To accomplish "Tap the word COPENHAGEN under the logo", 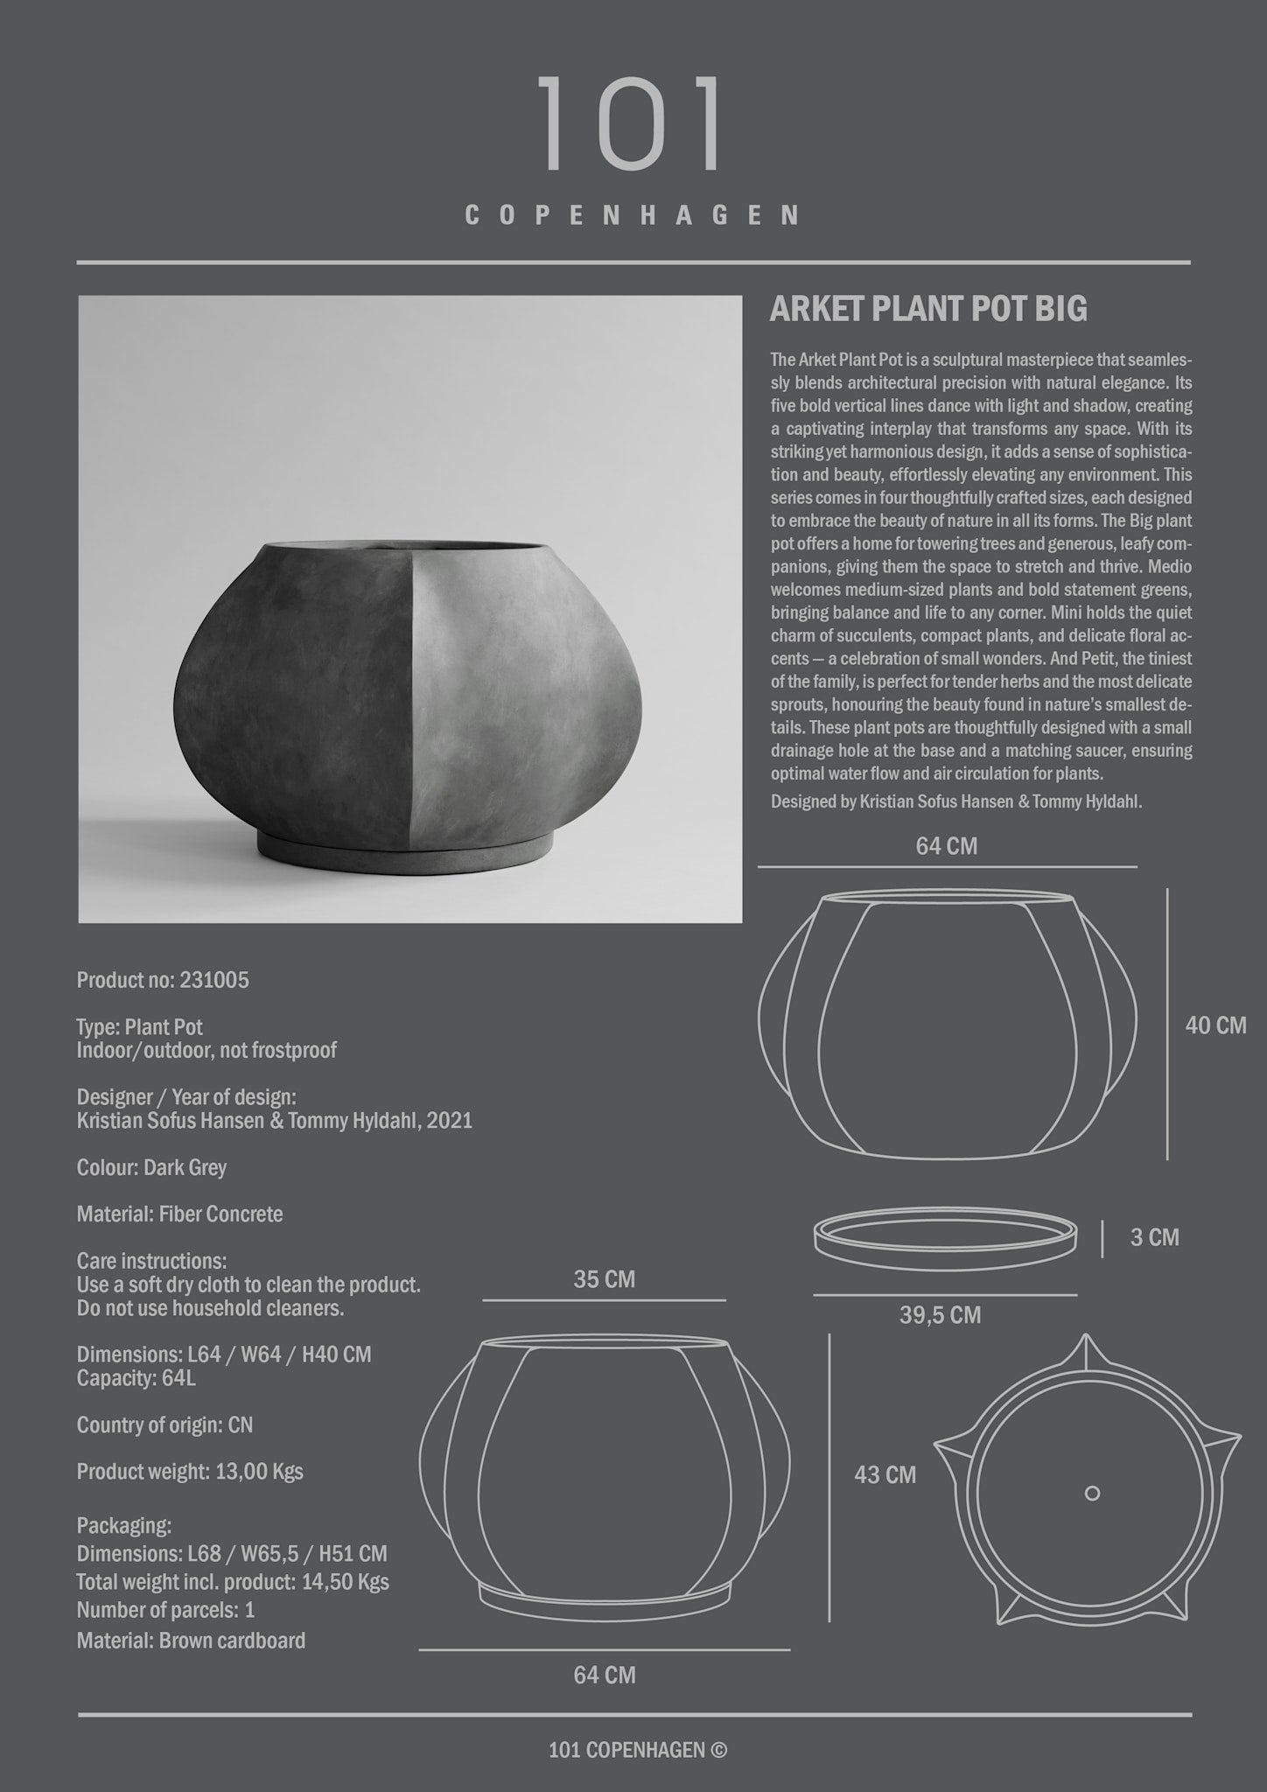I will tap(632, 216).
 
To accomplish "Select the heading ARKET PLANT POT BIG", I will tap(928, 310).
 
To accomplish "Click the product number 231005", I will tap(213, 980).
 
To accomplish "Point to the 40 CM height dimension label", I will tap(1215, 1025).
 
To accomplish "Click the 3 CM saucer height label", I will tap(1154, 1237).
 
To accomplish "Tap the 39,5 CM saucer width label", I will tap(941, 1315).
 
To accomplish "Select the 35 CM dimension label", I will tap(604, 1279).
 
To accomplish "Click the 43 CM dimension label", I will tap(885, 1474).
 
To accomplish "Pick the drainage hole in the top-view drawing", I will tap(1092, 1493).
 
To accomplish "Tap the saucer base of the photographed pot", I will tap(411, 850).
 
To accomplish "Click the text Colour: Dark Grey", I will tap(151, 1167).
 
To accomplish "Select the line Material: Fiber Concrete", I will tap(179, 1214).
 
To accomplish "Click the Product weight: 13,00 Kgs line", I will tap(190, 1472).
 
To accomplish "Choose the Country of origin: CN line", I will tap(164, 1425).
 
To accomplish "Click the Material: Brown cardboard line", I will tap(191, 1641).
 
